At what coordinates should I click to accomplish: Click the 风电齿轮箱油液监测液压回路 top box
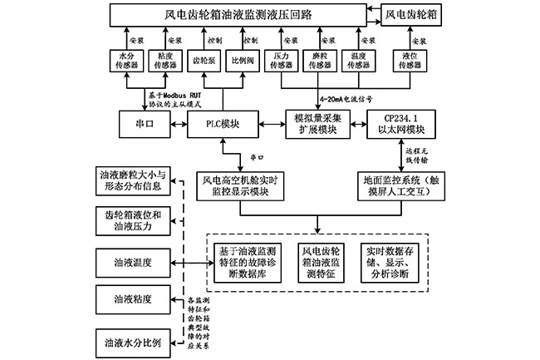point(241,14)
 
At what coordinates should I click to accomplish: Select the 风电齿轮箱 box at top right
point(412,14)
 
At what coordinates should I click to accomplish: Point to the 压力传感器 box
point(284,63)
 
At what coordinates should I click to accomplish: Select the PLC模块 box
point(223,126)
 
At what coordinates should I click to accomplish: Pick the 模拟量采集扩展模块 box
point(313,125)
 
